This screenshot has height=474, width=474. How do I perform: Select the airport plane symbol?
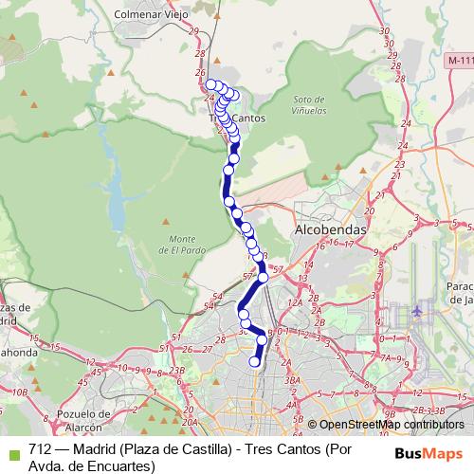point(419,310)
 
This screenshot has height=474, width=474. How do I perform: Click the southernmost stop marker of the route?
point(254,361)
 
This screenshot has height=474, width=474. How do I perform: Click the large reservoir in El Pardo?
point(118,204)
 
